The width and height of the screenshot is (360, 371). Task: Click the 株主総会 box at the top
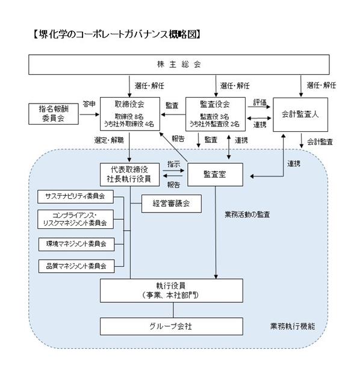179,64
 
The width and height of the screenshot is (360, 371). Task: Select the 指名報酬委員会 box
54,114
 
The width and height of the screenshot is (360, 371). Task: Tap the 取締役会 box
130,114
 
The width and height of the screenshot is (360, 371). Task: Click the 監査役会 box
216,114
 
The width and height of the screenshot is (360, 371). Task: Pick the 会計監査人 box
300,114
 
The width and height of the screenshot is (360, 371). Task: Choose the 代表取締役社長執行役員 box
129,175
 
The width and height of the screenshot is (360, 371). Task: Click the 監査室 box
215,175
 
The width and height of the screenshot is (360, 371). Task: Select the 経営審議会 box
172,204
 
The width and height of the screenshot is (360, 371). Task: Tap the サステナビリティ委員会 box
75,196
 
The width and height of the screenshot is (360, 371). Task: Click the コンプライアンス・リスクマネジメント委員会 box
75,219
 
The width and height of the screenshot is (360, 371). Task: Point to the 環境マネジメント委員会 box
76,244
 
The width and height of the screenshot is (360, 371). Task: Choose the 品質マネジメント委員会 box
76,266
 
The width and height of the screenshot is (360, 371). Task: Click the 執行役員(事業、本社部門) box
172,290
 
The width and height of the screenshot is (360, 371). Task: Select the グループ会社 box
172,326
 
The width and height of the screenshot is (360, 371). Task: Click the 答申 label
89,104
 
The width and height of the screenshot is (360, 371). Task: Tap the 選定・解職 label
109,140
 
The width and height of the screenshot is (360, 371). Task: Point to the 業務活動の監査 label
247,214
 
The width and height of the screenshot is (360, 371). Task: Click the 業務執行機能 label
293,326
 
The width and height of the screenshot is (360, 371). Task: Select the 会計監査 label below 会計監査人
320,142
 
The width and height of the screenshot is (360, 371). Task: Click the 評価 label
260,102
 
